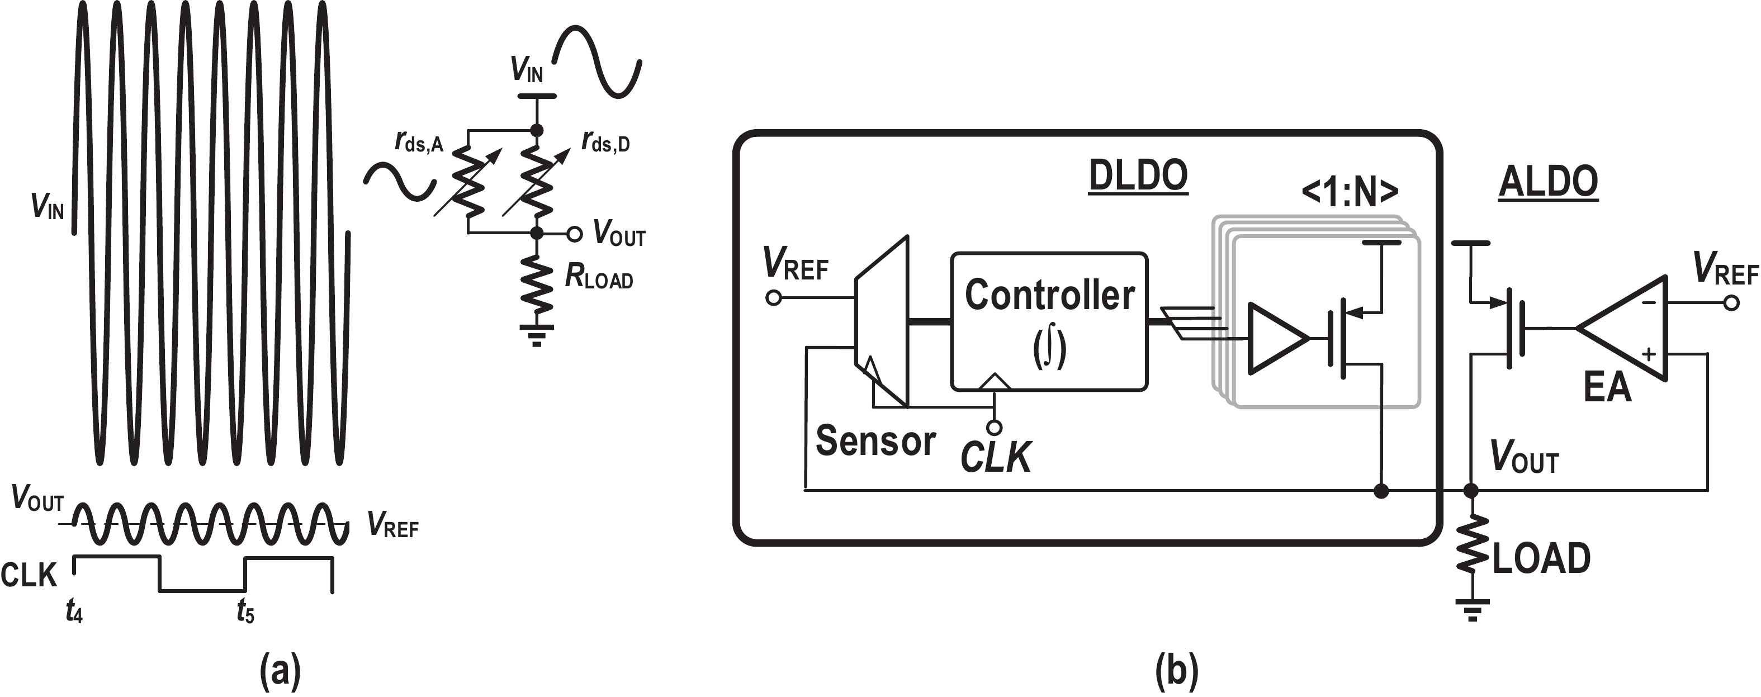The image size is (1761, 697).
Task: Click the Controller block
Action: [1049, 321]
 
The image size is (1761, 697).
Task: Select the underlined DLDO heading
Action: [1138, 176]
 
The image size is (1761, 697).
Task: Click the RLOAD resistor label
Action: [599, 277]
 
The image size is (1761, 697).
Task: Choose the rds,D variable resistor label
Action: [605, 141]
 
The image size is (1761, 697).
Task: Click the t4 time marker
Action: [74, 611]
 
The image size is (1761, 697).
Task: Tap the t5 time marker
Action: [245, 611]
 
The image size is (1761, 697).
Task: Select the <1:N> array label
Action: [1350, 193]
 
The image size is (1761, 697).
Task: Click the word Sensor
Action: [875, 441]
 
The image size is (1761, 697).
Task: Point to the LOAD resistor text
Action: [1541, 558]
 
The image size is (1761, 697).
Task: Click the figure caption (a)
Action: [280, 672]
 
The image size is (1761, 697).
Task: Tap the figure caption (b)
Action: [1176, 672]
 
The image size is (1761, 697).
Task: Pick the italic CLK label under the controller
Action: [995, 457]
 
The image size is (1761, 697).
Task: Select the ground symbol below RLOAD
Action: [537, 335]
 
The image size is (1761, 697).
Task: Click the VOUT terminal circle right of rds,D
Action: [574, 234]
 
